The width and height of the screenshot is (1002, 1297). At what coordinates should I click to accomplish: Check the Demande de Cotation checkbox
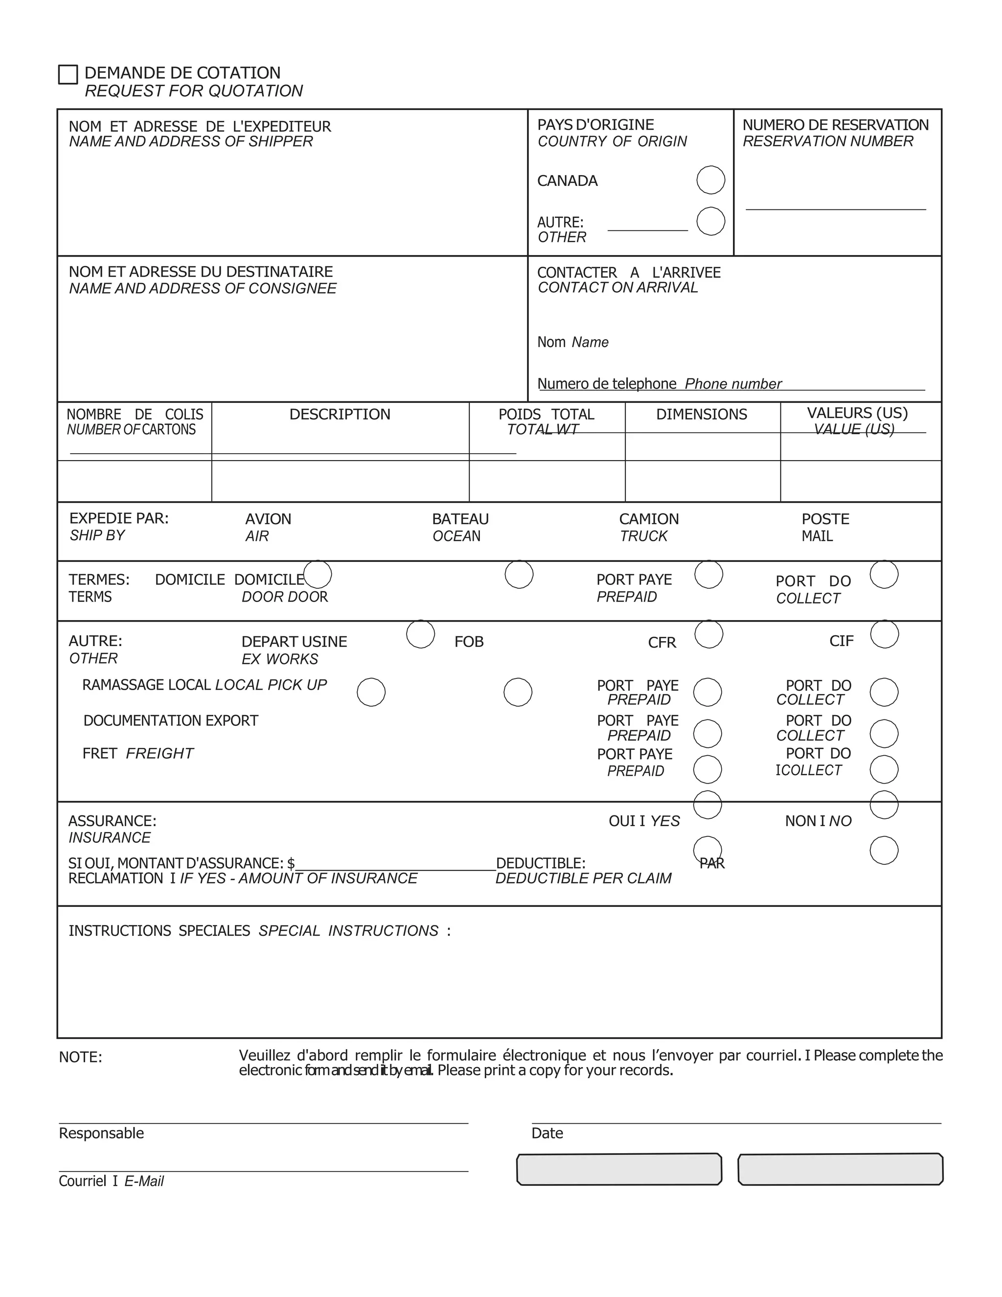[68, 75]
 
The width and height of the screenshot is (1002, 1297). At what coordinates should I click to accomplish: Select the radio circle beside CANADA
[710, 180]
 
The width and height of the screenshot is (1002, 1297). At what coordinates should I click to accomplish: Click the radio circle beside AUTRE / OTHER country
[710, 222]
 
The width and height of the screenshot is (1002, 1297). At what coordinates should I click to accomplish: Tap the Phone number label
[732, 384]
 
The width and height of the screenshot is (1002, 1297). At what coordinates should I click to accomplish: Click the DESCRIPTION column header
[340, 415]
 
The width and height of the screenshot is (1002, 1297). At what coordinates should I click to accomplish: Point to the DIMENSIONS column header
[701, 415]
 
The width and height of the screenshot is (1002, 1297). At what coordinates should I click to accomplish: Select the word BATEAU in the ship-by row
[460, 519]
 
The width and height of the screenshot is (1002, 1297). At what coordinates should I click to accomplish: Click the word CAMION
[648, 519]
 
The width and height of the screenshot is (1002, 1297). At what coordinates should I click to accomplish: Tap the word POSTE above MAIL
[825, 519]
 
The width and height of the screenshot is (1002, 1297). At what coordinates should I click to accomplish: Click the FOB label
[469, 642]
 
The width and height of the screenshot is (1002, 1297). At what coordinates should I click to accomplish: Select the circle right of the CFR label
[709, 634]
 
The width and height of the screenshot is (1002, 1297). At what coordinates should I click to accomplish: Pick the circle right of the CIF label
[885, 634]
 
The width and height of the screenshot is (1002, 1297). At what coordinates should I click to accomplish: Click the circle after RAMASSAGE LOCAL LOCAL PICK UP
[371, 693]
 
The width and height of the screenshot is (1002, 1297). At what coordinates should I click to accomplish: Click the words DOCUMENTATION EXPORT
[171, 721]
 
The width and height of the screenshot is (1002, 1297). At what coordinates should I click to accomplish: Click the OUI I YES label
[644, 821]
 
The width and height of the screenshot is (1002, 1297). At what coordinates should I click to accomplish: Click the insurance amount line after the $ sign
[395, 864]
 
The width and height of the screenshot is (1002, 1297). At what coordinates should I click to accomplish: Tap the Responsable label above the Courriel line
[101, 1133]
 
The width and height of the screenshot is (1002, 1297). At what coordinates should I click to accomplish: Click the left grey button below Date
[619, 1169]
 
